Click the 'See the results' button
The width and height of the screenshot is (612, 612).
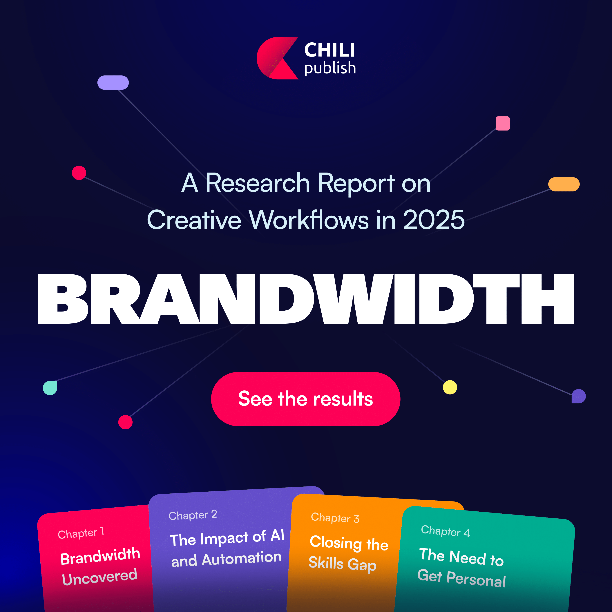(x=306, y=399)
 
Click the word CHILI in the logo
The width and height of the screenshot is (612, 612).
(x=329, y=50)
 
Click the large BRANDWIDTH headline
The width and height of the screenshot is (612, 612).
(x=306, y=299)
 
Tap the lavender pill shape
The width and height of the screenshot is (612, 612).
(x=113, y=82)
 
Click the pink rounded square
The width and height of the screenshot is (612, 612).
(x=503, y=123)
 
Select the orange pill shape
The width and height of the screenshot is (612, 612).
(x=564, y=184)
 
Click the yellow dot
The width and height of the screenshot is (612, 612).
(x=450, y=387)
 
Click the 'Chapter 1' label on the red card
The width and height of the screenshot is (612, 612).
(x=81, y=533)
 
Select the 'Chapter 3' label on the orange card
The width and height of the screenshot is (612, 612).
(x=335, y=518)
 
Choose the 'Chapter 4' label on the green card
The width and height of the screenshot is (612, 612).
(x=445, y=531)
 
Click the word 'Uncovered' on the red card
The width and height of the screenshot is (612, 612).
(x=99, y=577)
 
